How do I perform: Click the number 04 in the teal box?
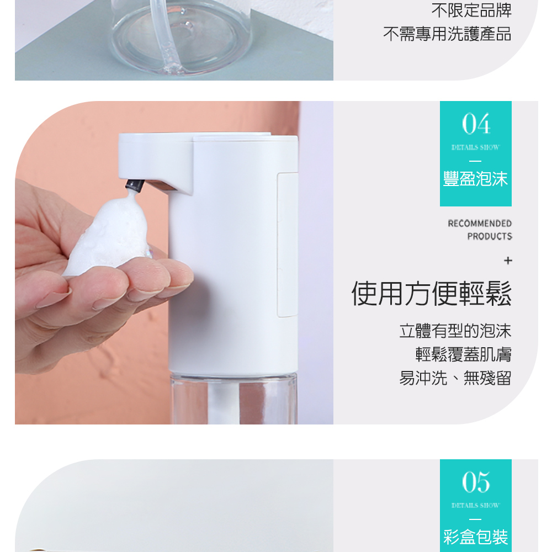(x=476, y=124)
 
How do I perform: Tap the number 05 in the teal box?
(x=476, y=481)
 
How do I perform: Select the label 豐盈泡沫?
(x=475, y=179)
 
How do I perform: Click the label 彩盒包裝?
(x=475, y=537)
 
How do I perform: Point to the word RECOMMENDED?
(x=480, y=223)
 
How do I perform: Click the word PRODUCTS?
(x=489, y=236)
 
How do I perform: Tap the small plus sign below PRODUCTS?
(x=508, y=261)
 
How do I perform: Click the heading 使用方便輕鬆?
(x=431, y=294)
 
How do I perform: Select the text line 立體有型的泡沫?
(x=455, y=331)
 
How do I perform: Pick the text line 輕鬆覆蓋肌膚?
(x=463, y=354)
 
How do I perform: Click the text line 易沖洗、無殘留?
(x=455, y=378)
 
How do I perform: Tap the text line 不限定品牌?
(x=471, y=10)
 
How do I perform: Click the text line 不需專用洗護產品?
(x=447, y=34)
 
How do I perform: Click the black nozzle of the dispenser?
(x=135, y=185)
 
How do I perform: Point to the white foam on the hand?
(x=109, y=235)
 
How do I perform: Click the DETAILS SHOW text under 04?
(x=475, y=147)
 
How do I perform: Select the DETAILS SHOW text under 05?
(x=475, y=506)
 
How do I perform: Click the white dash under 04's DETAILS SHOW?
(x=475, y=161)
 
